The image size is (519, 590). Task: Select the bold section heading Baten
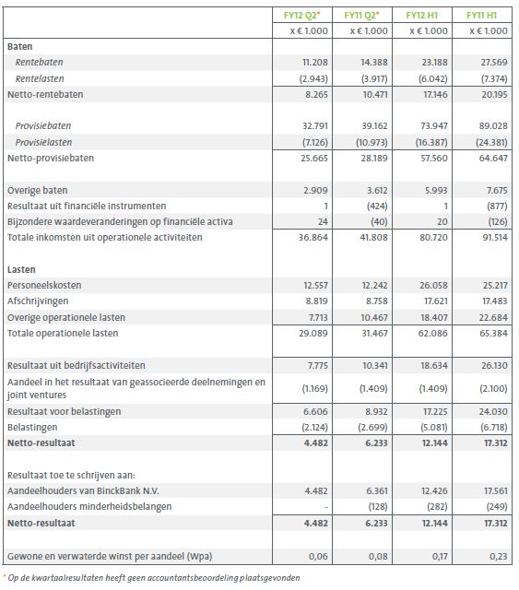coord(19,45)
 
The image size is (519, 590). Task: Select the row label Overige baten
coord(35,189)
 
